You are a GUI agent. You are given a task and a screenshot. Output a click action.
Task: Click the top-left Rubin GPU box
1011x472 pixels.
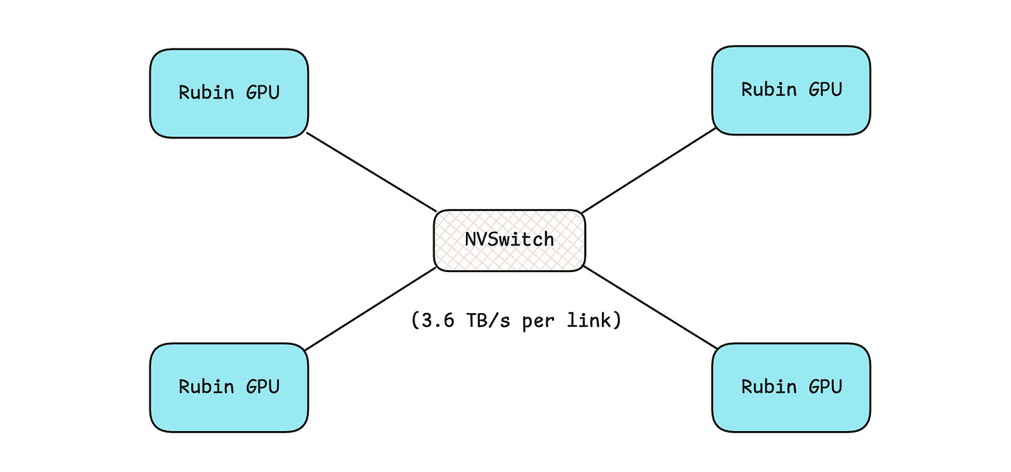229,94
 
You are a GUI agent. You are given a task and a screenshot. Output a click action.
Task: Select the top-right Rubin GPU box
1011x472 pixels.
791,90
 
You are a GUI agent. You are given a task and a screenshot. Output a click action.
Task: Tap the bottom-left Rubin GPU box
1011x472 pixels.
229,387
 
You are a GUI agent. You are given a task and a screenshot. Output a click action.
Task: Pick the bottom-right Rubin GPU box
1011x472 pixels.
791,387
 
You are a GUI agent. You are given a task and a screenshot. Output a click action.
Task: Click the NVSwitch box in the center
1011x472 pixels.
510,241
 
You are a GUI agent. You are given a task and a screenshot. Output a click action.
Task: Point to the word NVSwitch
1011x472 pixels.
510,239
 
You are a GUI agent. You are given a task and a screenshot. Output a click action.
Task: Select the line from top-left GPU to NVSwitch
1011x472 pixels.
371,172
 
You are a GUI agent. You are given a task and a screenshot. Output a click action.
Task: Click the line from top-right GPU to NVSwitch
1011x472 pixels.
649,171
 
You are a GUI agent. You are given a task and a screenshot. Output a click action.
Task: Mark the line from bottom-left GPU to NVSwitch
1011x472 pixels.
371,309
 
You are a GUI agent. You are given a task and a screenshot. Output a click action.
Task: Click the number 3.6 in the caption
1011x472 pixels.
437,321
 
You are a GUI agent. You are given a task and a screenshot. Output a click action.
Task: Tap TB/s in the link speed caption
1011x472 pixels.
488,321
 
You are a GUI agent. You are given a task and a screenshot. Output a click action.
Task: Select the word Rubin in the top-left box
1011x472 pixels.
206,92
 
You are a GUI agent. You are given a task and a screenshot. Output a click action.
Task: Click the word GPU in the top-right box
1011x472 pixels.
825,90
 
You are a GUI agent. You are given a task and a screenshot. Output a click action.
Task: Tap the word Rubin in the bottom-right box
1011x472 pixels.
769,386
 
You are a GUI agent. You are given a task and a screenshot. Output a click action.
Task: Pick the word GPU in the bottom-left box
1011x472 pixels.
262,387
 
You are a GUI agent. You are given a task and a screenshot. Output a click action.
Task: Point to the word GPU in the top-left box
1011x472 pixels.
262,92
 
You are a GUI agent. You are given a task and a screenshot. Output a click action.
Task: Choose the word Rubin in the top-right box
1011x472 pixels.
769,89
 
